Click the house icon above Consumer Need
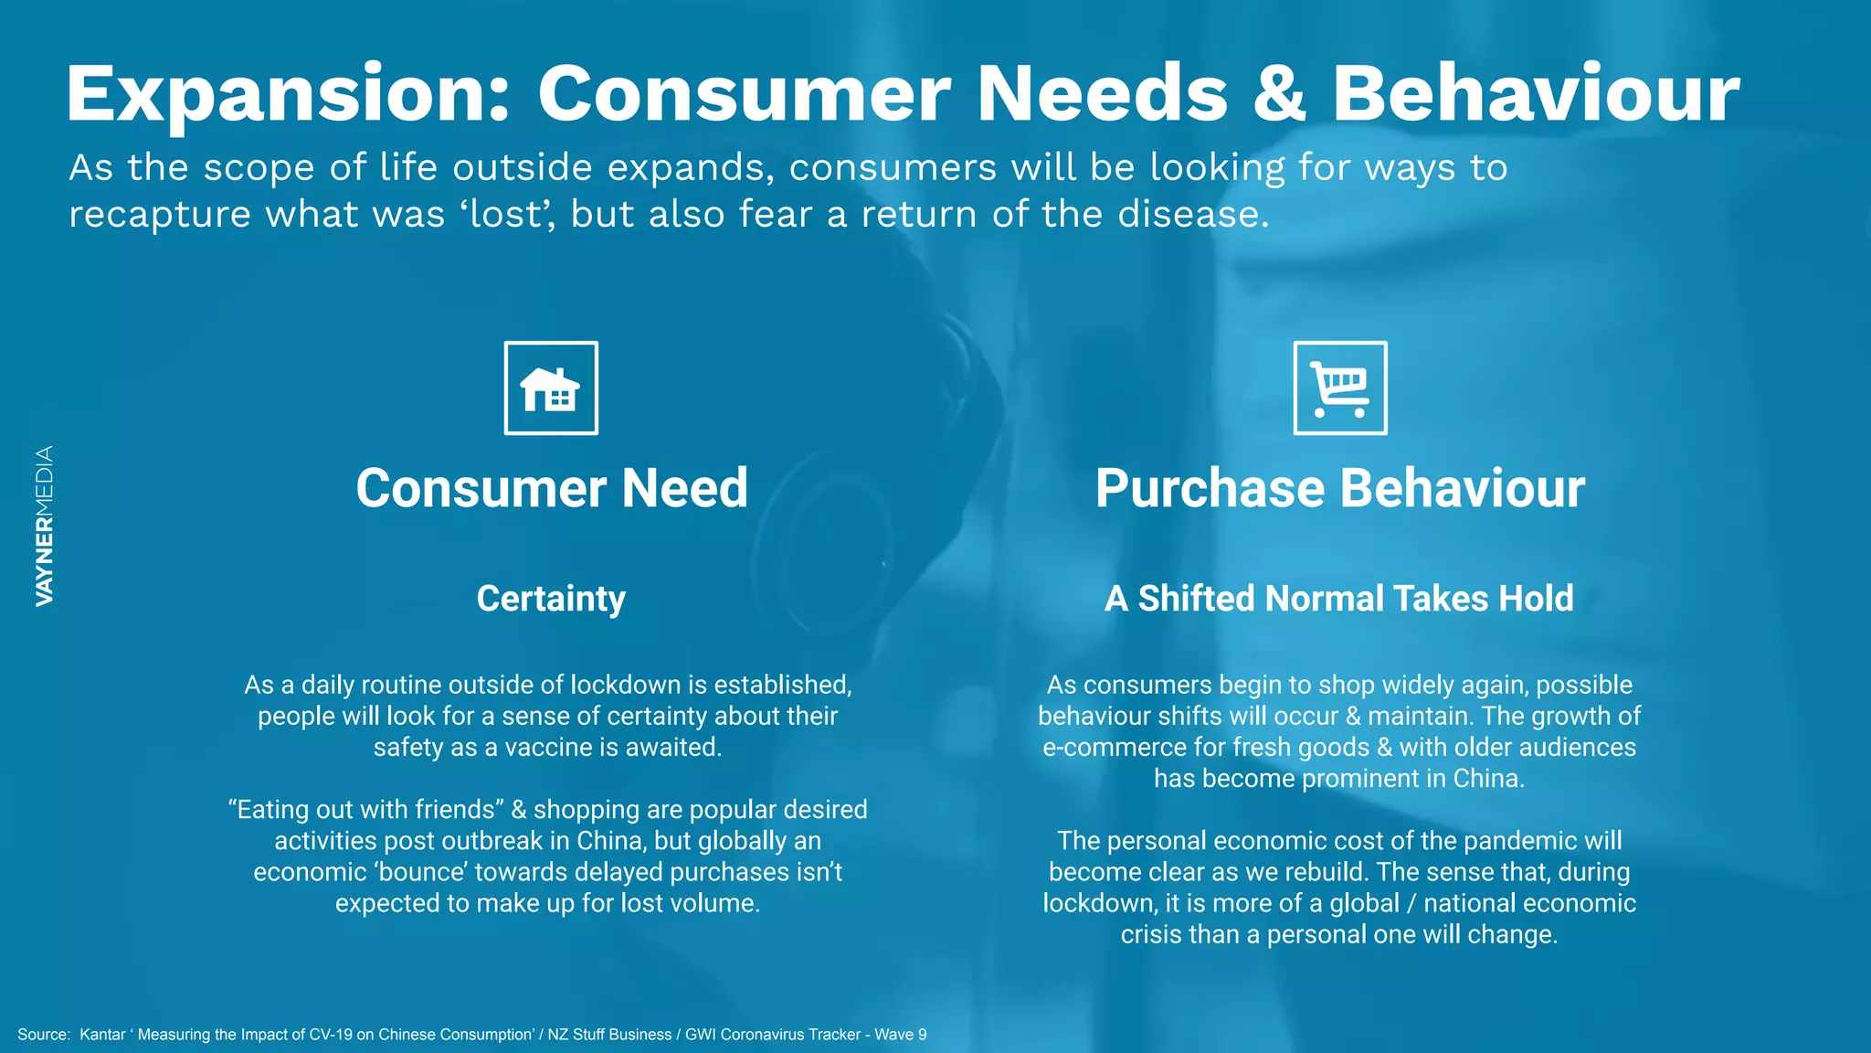(551, 388)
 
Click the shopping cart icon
(1340, 388)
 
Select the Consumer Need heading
(552, 488)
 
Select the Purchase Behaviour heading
(1340, 488)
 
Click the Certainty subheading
(551, 599)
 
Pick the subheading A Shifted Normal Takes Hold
(1339, 599)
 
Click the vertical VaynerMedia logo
(44, 526)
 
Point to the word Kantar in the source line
(102, 1035)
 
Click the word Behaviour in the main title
(1536, 94)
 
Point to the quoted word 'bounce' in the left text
(421, 872)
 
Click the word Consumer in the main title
(744, 94)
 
